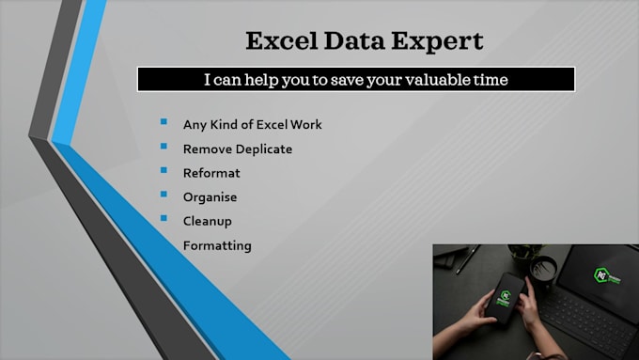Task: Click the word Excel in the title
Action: tap(279, 41)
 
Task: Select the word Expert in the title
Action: tap(441, 41)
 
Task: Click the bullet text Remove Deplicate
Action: tap(238, 149)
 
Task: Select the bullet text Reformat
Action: tap(211, 173)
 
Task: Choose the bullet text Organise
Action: tap(210, 197)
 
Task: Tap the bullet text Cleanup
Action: tap(208, 222)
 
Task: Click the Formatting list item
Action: tap(217, 246)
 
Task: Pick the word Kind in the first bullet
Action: tap(227, 124)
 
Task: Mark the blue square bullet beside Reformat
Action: tap(164, 171)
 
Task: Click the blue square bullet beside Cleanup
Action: tap(164, 220)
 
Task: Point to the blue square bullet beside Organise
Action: tap(164, 196)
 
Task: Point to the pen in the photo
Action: tap(468, 259)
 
